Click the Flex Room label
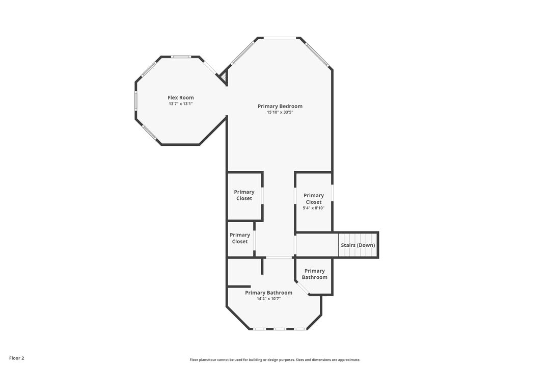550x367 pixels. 181,97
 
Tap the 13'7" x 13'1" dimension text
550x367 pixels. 181,103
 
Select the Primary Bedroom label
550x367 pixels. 280,106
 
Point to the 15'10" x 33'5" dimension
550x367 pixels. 280,112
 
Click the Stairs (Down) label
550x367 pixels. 358,245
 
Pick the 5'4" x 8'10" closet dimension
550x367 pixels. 314,208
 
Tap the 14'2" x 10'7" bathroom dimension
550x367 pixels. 268,299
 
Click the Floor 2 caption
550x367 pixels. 17,358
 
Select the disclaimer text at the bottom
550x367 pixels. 275,360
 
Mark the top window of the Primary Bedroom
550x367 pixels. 280,38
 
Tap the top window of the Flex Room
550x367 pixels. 180,57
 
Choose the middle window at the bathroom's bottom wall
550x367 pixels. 279,329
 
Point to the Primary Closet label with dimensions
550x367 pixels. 314,198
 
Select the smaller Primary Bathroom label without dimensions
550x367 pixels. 314,274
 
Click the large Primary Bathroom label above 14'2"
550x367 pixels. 268,293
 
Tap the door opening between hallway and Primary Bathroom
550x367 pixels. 279,258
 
